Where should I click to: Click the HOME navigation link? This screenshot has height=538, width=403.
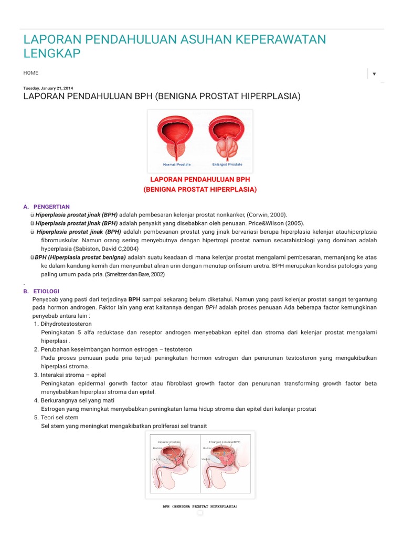(x=30, y=73)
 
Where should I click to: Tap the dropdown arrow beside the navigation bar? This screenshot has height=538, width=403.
(x=374, y=74)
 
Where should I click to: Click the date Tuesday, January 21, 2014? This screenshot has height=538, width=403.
(x=49, y=88)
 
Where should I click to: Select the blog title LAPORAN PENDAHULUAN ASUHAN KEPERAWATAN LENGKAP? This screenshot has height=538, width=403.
(x=174, y=46)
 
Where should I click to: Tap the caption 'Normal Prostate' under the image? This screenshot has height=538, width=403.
(x=176, y=164)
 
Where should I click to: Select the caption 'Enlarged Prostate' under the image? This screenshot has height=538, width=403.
(x=227, y=164)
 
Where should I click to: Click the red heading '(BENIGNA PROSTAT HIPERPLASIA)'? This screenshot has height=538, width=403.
(x=200, y=189)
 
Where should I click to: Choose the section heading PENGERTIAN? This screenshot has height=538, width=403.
(x=51, y=206)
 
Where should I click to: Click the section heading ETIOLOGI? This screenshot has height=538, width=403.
(x=46, y=291)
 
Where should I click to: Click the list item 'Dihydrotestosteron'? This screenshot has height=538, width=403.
(x=66, y=324)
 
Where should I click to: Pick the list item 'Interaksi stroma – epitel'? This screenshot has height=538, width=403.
(x=73, y=375)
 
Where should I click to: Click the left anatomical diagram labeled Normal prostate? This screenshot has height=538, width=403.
(x=174, y=464)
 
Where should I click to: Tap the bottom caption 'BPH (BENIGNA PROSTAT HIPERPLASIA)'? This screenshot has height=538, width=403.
(x=200, y=506)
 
